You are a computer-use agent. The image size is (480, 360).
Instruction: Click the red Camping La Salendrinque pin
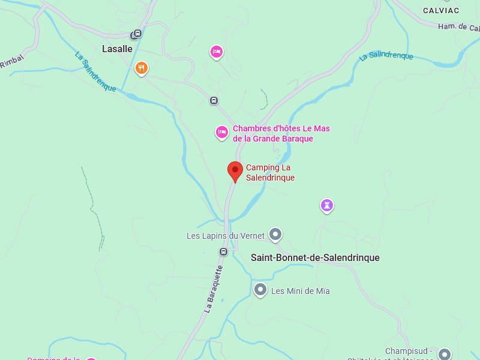point(235,171)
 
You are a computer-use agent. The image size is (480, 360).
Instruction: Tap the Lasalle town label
point(117,49)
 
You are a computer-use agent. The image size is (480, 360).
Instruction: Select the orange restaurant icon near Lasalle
point(142,68)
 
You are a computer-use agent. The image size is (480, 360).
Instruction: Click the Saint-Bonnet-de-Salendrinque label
point(315,258)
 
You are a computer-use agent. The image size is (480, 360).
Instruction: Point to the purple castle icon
point(326,206)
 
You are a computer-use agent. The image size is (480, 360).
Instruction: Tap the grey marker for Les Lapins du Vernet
point(275,233)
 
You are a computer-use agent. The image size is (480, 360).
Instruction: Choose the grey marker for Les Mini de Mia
point(260,290)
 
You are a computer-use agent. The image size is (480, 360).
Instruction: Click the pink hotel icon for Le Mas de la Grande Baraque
point(222,132)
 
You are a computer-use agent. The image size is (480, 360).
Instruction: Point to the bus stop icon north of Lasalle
point(137,34)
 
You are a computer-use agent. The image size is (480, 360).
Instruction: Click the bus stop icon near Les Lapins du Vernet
point(223,251)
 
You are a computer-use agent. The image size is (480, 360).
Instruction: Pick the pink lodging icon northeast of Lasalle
point(217,52)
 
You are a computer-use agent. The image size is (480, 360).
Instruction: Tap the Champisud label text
point(409,351)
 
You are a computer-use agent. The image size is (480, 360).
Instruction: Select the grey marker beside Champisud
point(444,354)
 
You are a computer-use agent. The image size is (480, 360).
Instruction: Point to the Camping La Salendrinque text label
point(270,173)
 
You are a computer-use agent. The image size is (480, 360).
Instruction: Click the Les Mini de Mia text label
point(300,291)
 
